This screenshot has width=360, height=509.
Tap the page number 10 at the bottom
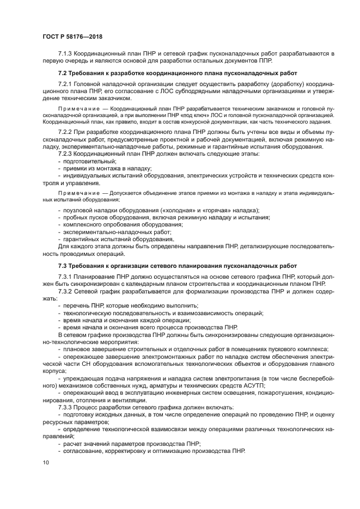[45, 462]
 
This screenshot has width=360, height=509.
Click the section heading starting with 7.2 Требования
[178, 72]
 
